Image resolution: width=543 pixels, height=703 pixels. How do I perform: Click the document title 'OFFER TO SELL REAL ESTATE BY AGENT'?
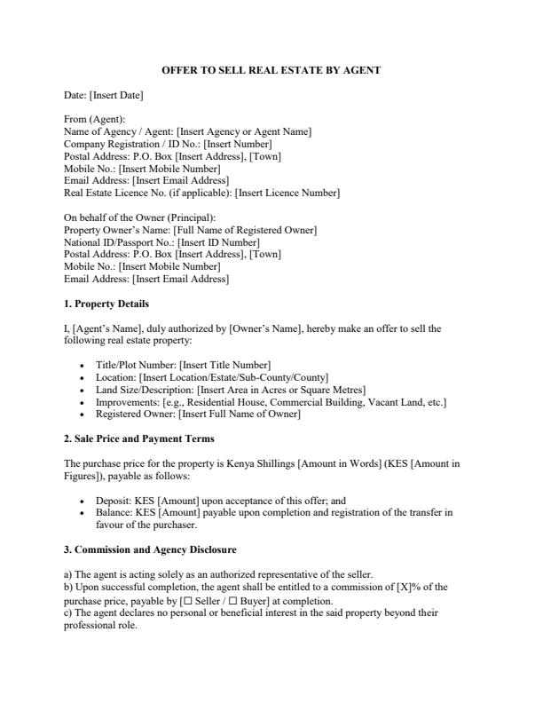271,70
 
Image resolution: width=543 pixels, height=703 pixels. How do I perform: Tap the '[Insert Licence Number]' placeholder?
287,193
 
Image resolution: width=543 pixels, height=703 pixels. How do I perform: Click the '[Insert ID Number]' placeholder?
218,242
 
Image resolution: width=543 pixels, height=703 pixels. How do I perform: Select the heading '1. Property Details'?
100,304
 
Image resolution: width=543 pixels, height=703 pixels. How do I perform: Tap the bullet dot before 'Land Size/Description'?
83,390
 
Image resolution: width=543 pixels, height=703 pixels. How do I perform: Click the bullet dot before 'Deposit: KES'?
83,501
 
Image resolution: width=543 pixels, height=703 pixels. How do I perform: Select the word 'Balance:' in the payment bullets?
114,512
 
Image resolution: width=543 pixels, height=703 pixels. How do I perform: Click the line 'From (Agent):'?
94,119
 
